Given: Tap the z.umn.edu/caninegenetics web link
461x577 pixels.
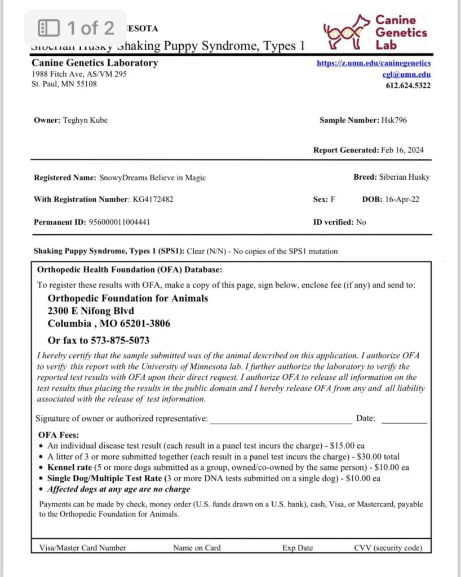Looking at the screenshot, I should click(x=374, y=63).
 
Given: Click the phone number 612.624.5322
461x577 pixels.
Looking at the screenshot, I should click(x=408, y=86).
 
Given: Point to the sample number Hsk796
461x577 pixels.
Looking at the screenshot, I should click(x=393, y=120).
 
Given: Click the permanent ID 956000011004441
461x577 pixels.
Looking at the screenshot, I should click(x=119, y=222).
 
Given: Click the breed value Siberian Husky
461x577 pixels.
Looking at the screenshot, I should click(x=404, y=177).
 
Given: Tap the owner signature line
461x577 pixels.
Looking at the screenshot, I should click(x=281, y=419).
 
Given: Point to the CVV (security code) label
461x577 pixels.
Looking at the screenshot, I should click(x=388, y=547).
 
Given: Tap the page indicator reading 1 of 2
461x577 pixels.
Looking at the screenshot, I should click(x=90, y=27).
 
